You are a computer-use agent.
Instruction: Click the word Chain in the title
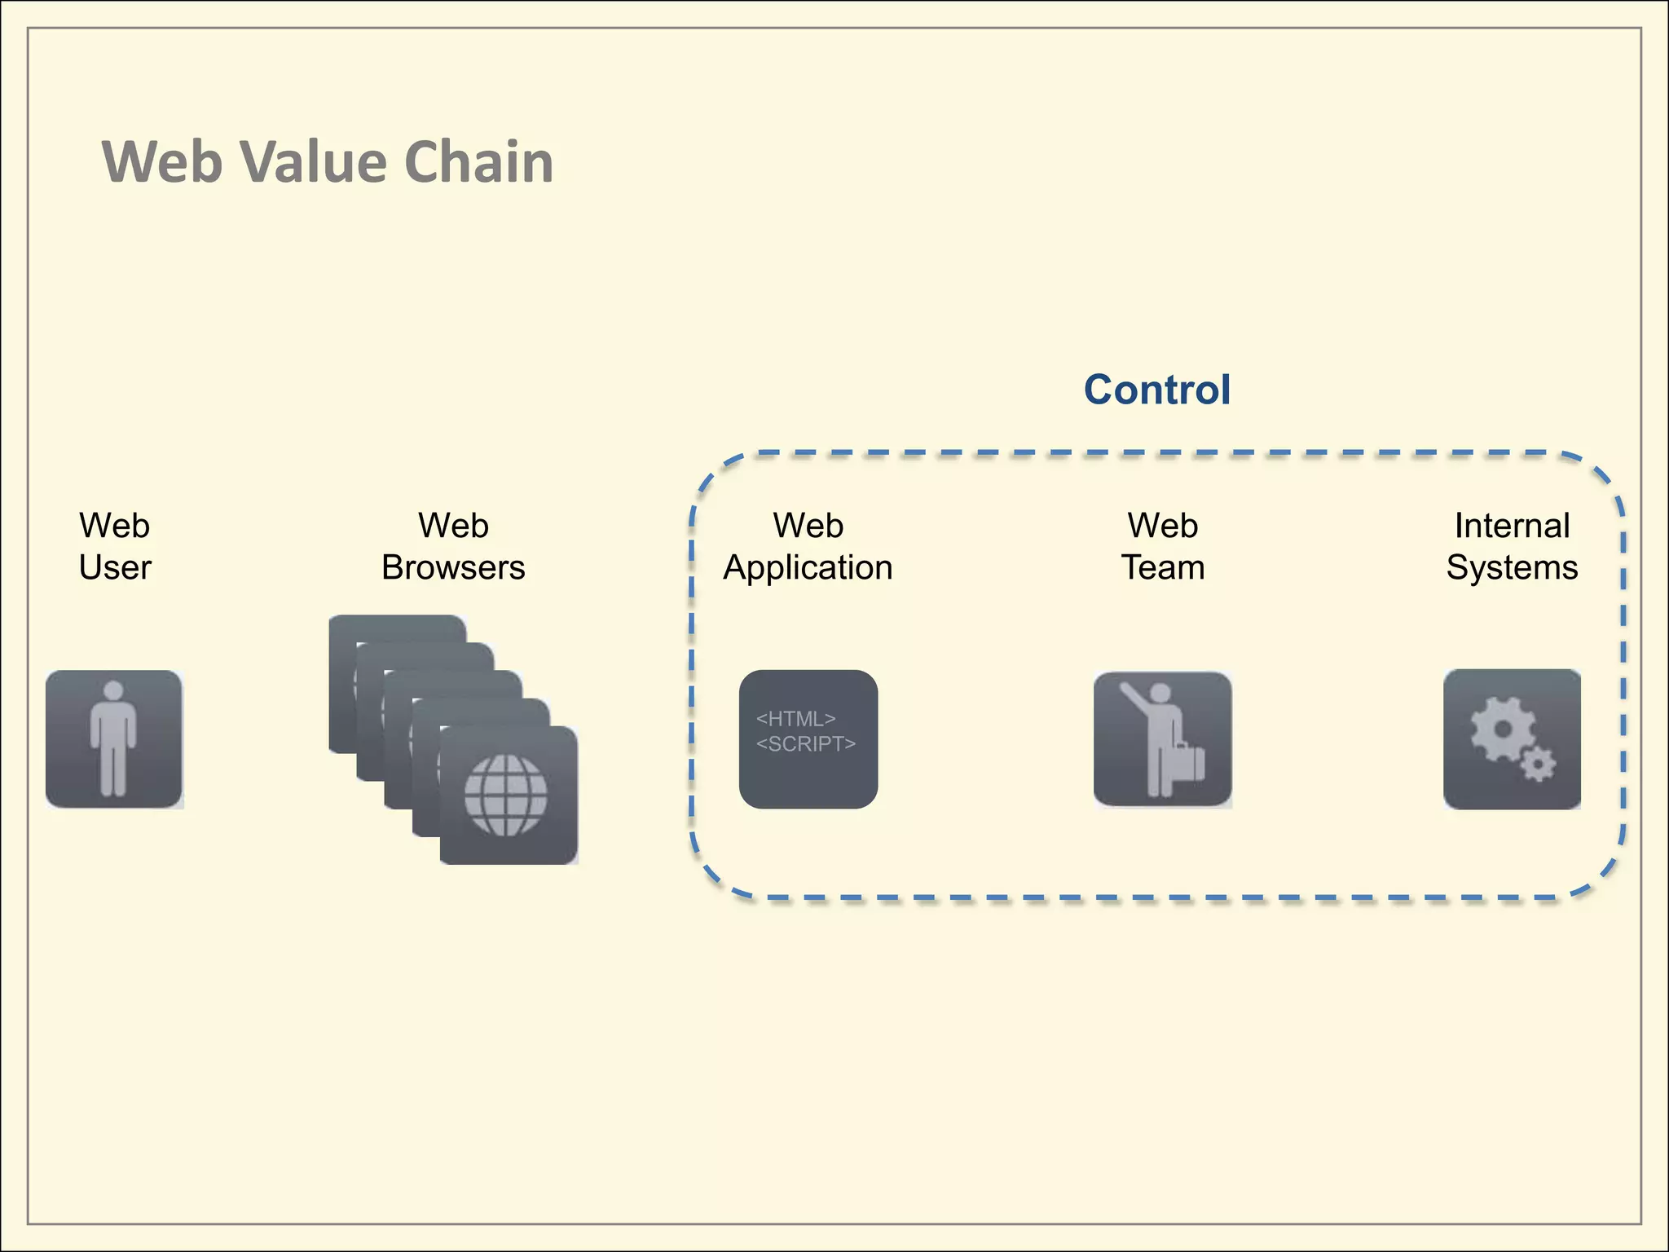click(478, 161)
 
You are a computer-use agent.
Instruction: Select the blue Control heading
click(1156, 390)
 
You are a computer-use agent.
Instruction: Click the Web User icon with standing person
click(114, 739)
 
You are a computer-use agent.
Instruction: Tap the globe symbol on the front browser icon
click(505, 796)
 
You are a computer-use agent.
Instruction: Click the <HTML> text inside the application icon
click(795, 719)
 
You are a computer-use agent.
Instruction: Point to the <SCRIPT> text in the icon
click(805, 744)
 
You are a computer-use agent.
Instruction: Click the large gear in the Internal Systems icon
click(1502, 730)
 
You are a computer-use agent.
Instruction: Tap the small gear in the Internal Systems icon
click(1538, 765)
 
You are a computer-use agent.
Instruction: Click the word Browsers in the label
click(453, 568)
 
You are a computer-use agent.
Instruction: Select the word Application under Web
click(808, 568)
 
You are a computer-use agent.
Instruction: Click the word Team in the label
click(1163, 568)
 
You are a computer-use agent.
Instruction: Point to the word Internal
click(1512, 526)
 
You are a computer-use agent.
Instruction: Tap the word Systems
click(1512, 568)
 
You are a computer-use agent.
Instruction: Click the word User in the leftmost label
click(115, 568)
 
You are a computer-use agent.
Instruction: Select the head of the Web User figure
click(114, 691)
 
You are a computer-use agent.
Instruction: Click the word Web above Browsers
click(453, 526)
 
